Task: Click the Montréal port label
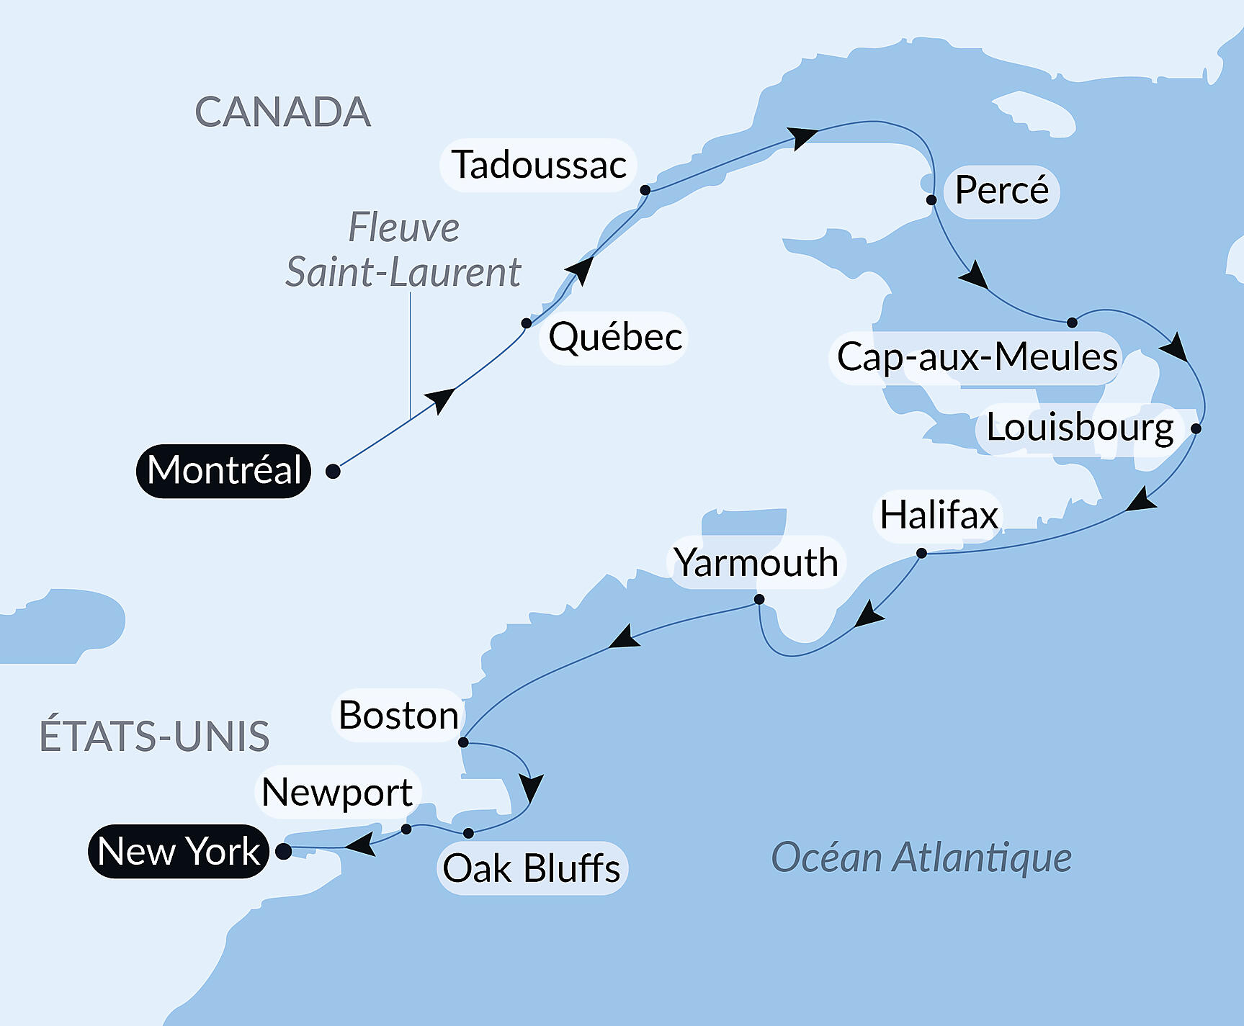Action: [x=223, y=471]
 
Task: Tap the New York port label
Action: [x=179, y=851]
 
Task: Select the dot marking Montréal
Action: [x=333, y=471]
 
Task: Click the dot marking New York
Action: [x=284, y=851]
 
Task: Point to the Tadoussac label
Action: [x=539, y=165]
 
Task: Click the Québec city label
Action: [x=615, y=337]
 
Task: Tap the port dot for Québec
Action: [x=527, y=323]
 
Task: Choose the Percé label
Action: [x=1001, y=191]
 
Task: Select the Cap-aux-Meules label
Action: [x=977, y=357]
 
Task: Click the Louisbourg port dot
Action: [x=1196, y=428]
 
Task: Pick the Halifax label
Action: [x=939, y=516]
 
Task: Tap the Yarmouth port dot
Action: [x=759, y=599]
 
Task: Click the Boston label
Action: [x=398, y=716]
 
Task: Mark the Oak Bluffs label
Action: [x=532, y=868]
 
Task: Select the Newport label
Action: [x=337, y=792]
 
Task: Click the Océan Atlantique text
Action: [x=921, y=858]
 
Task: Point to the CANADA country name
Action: [x=282, y=112]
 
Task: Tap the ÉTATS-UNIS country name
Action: [x=154, y=736]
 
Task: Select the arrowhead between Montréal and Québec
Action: [x=440, y=400]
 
